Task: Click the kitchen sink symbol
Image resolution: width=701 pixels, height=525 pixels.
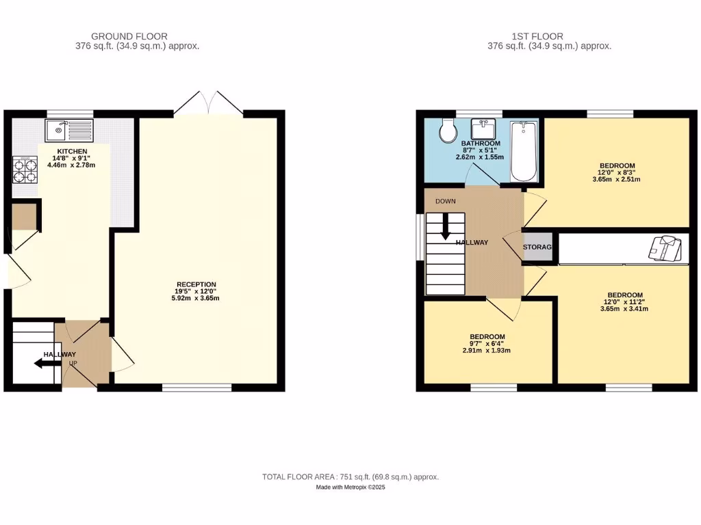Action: (x=68, y=129)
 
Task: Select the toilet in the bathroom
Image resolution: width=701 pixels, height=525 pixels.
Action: (x=449, y=131)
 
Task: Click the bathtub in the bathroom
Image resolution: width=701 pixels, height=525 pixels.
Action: (x=524, y=151)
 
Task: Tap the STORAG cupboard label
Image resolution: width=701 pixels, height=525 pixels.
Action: (x=537, y=247)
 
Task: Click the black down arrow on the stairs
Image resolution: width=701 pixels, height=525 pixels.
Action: (x=446, y=227)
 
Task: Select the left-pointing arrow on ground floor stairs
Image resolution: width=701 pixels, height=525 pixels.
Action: (x=47, y=364)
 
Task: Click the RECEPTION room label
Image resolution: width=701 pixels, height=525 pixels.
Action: (x=196, y=284)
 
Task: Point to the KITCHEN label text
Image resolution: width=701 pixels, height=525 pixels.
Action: (x=72, y=150)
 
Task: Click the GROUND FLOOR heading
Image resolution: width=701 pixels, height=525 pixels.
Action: (x=129, y=36)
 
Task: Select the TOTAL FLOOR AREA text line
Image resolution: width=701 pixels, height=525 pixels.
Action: (x=350, y=476)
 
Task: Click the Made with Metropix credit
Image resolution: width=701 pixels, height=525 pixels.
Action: (x=350, y=487)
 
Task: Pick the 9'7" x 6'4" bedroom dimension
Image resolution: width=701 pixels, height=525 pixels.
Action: (x=487, y=344)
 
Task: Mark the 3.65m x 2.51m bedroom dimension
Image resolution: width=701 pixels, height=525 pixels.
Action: (x=617, y=180)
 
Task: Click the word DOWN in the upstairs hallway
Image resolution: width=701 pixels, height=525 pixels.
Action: (x=446, y=201)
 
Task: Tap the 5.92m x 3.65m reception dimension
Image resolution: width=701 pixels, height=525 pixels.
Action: (x=196, y=298)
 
